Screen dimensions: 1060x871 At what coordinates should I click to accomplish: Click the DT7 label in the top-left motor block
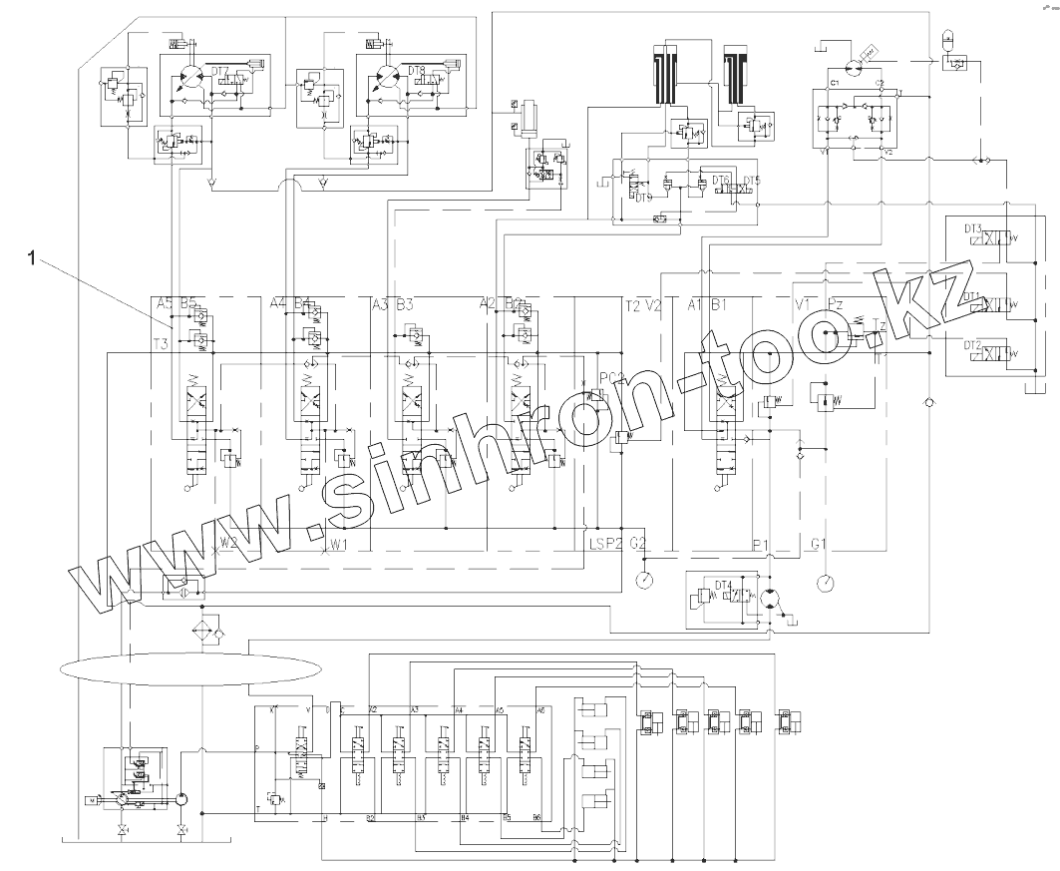coord(220,71)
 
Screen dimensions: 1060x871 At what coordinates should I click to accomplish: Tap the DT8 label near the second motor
coord(417,71)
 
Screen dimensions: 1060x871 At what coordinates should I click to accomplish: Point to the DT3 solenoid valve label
coord(973,228)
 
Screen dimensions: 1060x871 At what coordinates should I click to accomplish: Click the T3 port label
coord(161,344)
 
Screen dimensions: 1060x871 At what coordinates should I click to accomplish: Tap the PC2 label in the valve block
coord(611,377)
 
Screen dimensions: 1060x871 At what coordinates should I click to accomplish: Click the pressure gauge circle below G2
coord(645,579)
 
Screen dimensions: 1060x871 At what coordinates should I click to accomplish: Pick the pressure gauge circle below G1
coord(826,581)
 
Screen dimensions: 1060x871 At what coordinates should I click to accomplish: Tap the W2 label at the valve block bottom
coord(229,544)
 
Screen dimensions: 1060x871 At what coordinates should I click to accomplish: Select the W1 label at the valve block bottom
coord(339,544)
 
